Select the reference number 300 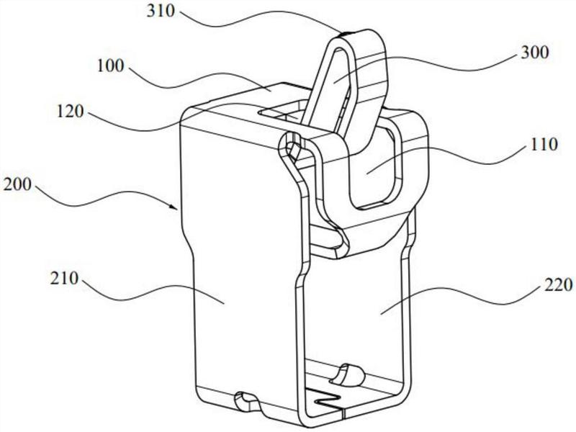534,53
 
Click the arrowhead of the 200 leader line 178,208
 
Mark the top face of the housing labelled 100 230,101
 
